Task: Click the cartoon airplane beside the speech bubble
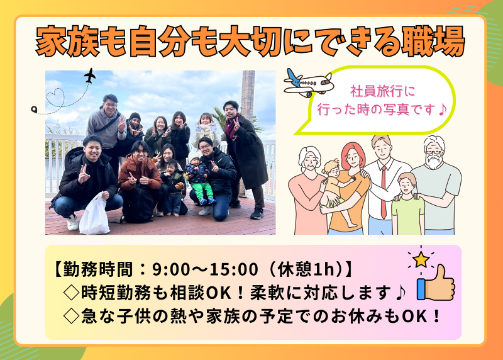coord(307,82)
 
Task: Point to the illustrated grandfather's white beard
coord(434,162)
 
